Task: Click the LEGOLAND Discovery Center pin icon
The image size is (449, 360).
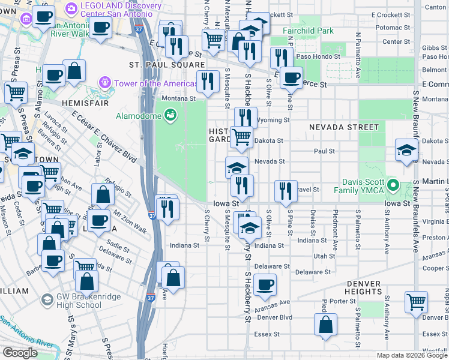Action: click(71, 8)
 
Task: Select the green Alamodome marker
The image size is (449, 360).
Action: click(170, 113)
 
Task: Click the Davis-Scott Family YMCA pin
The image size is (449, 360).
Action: click(393, 184)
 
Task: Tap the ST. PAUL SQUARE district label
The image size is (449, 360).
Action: click(167, 64)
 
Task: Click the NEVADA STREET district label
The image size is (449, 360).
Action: click(344, 127)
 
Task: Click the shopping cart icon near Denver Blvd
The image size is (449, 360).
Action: click(416, 302)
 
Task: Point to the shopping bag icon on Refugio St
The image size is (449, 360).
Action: click(103, 194)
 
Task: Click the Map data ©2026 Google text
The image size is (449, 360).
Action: click(411, 355)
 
